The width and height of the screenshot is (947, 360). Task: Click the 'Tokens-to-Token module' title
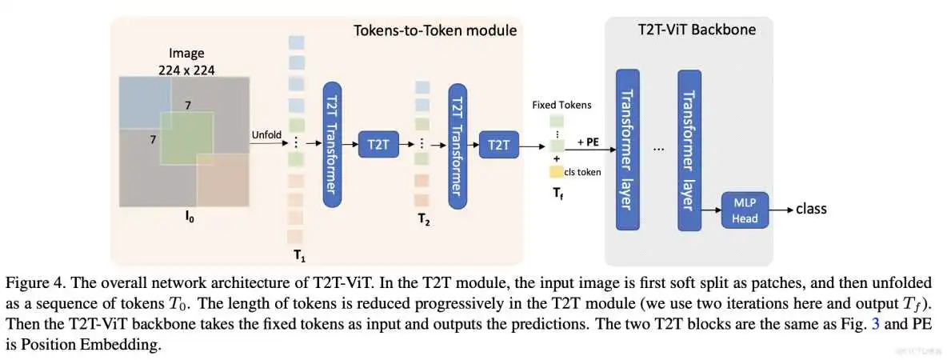[435, 31]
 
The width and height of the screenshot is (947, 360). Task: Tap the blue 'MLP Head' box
[744, 210]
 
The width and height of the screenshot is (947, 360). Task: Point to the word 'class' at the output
[811, 209]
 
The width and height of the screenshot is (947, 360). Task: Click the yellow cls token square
[555, 171]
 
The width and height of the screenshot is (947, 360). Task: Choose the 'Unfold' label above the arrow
[266, 134]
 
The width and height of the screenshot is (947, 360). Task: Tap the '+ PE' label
[588, 142]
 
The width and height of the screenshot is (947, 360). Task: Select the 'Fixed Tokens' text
[561, 105]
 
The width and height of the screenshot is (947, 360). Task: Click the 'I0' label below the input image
[189, 217]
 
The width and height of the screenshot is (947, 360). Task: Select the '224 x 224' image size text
[186, 70]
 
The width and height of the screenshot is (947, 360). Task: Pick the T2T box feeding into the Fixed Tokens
[498, 146]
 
